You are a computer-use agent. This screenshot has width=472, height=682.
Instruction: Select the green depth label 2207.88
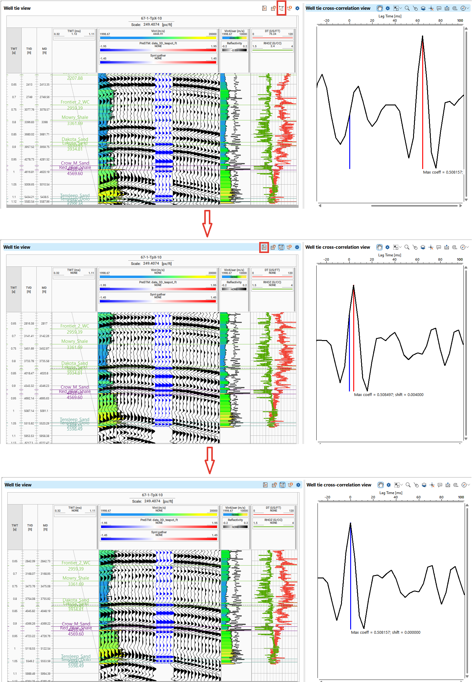pyautogui.click(x=75, y=78)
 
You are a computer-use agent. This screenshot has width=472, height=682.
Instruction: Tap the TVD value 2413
pyautogui.click(x=29, y=84)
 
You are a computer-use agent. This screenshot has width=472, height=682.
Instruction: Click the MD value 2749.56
pyautogui.click(x=45, y=97)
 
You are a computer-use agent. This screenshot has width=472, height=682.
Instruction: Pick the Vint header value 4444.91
pyautogui.click(x=158, y=34)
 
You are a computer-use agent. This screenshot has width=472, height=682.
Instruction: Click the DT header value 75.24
pyautogui.click(x=272, y=34)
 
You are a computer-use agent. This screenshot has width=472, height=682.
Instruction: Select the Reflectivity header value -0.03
pyautogui.click(x=234, y=50)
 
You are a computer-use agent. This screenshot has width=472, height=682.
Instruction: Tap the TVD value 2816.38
pyautogui.click(x=29, y=323)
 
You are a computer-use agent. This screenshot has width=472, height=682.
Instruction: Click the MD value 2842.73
pyautogui.click(x=45, y=561)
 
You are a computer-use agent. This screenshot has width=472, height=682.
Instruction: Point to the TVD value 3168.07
pyautogui.click(x=30, y=574)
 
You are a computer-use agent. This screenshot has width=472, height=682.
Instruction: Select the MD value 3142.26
pyautogui.click(x=44, y=336)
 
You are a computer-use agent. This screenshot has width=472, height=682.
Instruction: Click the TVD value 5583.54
pyautogui.click(x=29, y=201)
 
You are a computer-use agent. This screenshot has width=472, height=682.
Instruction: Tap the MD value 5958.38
pyautogui.click(x=45, y=436)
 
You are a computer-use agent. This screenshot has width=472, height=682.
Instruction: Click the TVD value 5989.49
pyautogui.click(x=30, y=673)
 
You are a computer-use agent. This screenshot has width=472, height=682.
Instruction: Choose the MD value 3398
pyautogui.click(x=45, y=122)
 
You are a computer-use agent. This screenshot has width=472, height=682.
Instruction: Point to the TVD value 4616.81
pyautogui.click(x=29, y=172)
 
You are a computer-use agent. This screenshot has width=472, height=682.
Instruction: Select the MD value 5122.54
pyautogui.click(x=45, y=648)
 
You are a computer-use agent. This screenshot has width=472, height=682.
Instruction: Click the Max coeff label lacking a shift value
pyautogui.click(x=443, y=172)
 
